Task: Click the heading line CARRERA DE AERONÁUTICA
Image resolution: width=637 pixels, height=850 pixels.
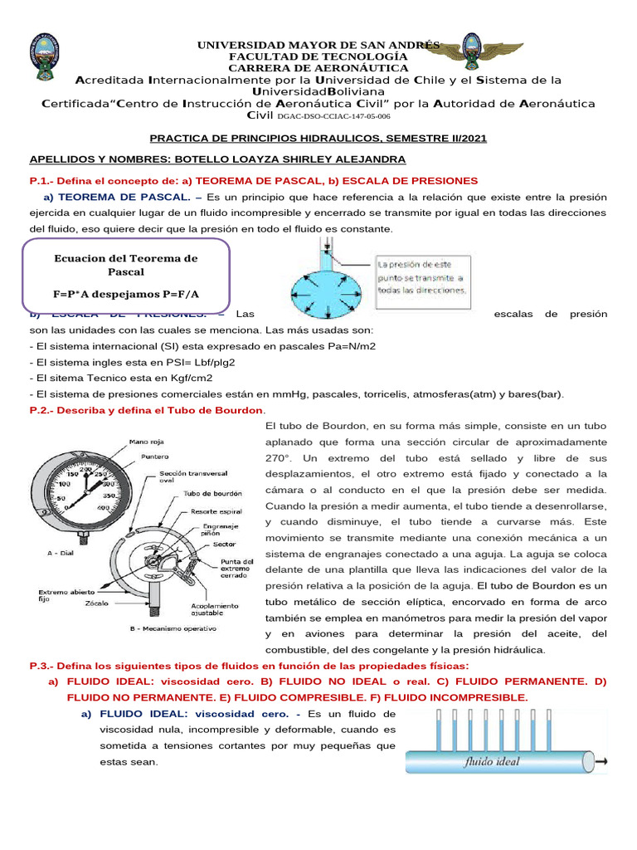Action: pos(318,67)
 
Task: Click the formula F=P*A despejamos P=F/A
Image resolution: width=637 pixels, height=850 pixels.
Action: pos(125,294)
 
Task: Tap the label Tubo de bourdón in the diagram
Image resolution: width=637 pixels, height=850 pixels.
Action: pos(210,493)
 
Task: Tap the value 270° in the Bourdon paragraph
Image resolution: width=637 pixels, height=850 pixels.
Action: pos(280,458)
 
